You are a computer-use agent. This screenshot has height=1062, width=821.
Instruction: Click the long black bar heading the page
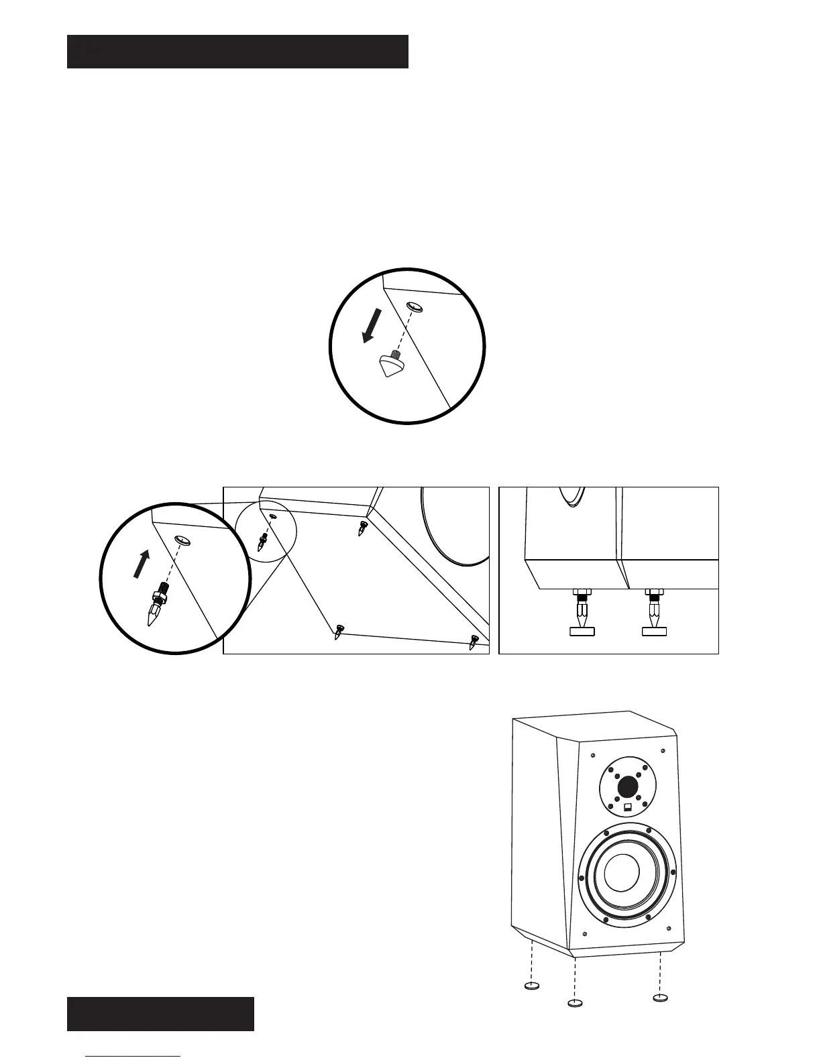pyautogui.click(x=237, y=52)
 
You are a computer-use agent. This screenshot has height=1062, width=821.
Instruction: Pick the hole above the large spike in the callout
pyautogui.click(x=182, y=540)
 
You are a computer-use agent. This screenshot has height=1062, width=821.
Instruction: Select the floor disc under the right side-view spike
pyautogui.click(x=654, y=631)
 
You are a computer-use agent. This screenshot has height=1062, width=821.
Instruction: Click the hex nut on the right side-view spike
pyautogui.click(x=653, y=592)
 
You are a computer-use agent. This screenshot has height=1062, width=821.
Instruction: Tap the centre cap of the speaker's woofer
pyautogui.click(x=622, y=874)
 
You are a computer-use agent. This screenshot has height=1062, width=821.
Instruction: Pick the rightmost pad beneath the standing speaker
pyautogui.click(x=661, y=998)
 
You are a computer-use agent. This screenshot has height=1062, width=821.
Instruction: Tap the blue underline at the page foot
pyautogui.click(x=133, y=1056)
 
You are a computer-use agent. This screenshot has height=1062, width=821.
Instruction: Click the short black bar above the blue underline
pyautogui.click(x=160, y=1014)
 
